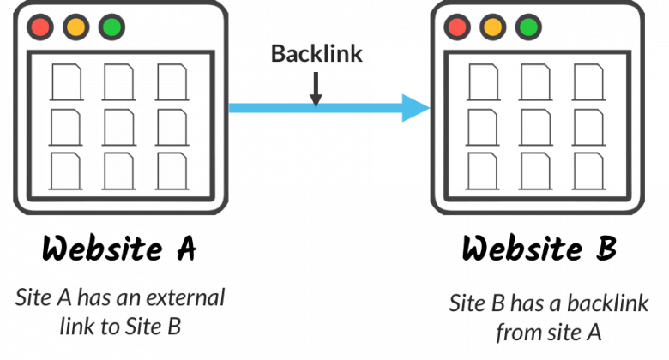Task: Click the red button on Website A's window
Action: click(40, 27)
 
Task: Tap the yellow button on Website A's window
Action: click(76, 27)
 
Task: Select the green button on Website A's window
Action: click(111, 27)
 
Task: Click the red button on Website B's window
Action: click(457, 27)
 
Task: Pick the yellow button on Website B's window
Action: click(493, 27)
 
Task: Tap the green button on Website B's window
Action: click(528, 27)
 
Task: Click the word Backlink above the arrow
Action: click(316, 54)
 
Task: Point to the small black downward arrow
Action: click(316, 89)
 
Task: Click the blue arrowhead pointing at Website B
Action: click(416, 108)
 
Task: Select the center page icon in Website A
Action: click(119, 128)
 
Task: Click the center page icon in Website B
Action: click(536, 128)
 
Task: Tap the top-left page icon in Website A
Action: click(67, 82)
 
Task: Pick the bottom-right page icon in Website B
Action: click(588, 171)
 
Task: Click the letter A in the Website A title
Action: click(186, 249)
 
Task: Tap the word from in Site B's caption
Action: click(523, 333)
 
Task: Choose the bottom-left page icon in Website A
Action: click(66, 171)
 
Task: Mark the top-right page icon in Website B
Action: click(588, 82)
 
